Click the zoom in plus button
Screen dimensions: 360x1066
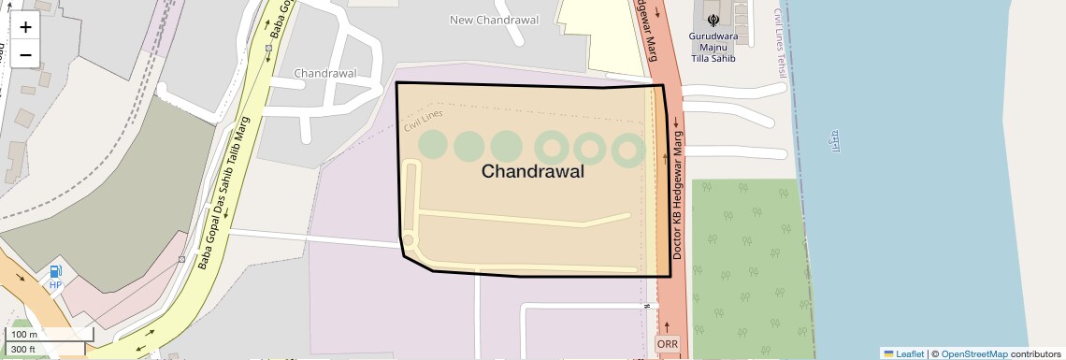[x=25, y=27]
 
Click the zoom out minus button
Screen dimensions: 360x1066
[x=25, y=55]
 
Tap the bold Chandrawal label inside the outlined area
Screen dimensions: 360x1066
[x=532, y=172]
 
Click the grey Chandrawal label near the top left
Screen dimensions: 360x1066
[x=325, y=73]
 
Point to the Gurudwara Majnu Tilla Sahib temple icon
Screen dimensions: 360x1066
[x=713, y=18]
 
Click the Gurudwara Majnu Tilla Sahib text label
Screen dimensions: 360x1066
[x=713, y=48]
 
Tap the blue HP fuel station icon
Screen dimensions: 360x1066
[x=55, y=273]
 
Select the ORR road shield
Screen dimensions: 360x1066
[x=668, y=344]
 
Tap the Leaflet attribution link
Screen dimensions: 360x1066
[x=903, y=353]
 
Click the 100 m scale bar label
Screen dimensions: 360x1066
[x=24, y=335]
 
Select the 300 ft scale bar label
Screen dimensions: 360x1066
[x=23, y=350]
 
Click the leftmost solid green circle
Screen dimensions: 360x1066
[x=432, y=145]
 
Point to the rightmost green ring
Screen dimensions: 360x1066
[x=627, y=148]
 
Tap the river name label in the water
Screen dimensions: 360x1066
[x=832, y=140]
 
